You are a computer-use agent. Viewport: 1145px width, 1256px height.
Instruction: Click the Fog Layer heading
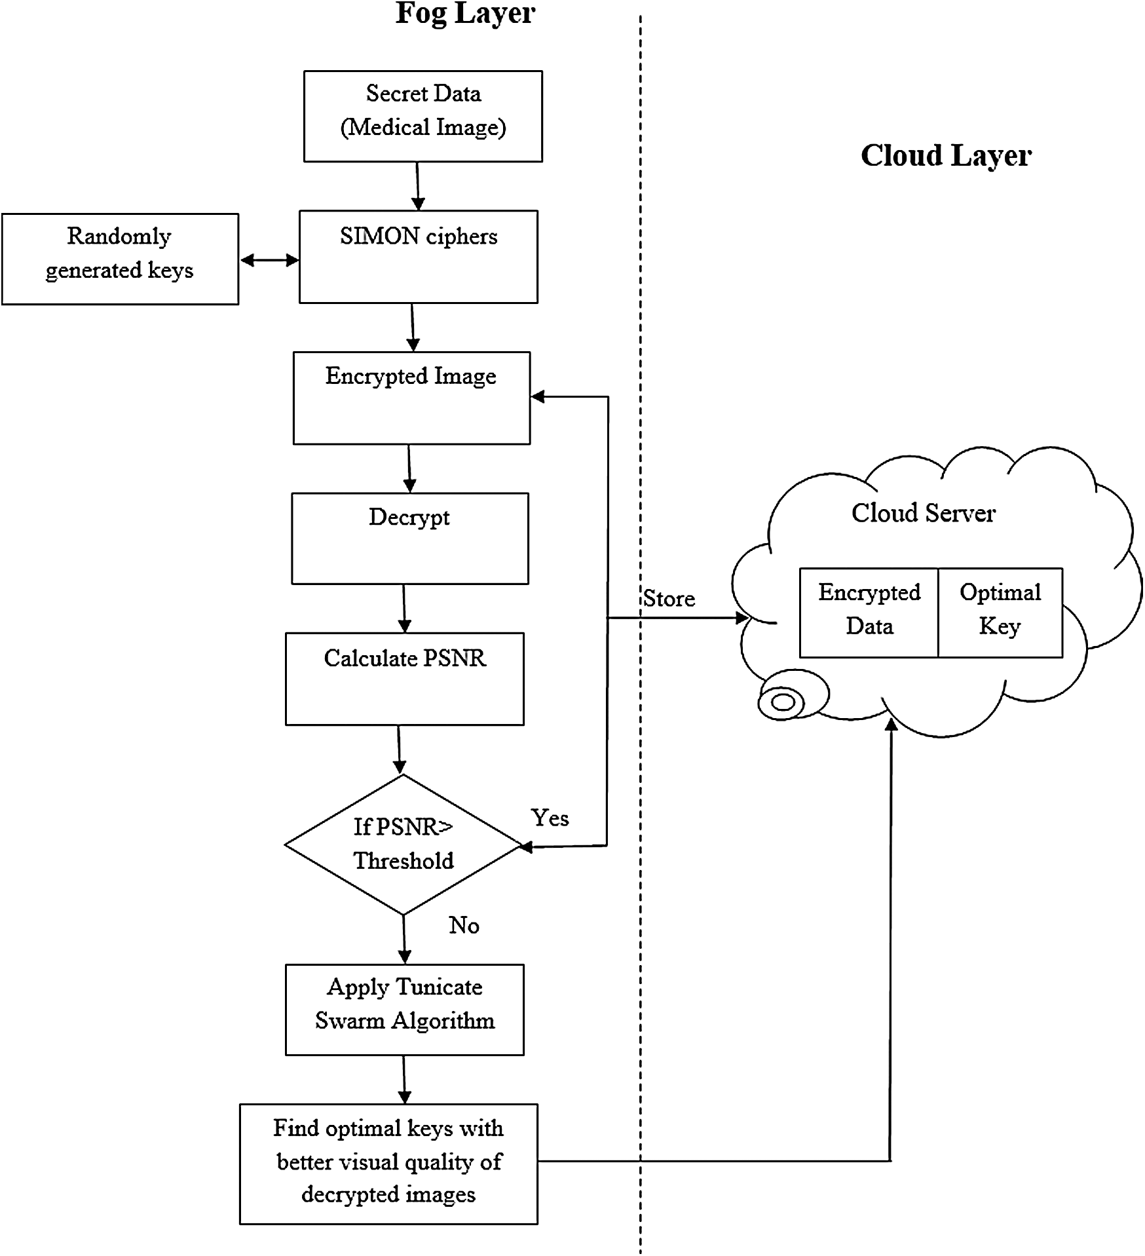tap(465, 13)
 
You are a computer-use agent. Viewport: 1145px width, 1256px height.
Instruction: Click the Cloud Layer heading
tap(945, 156)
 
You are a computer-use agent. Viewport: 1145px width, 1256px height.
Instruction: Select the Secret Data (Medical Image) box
tap(423, 116)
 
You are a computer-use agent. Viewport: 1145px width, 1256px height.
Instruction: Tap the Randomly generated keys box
tap(120, 259)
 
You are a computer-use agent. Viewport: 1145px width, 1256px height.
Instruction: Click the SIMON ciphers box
tap(419, 256)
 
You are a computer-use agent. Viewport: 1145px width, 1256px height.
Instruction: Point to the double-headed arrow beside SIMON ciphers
tap(269, 260)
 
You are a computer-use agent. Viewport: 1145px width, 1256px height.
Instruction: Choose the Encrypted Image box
tap(411, 398)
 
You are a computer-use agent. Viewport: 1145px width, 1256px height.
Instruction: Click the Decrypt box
tap(409, 538)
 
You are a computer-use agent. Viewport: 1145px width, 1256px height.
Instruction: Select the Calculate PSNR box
tap(405, 678)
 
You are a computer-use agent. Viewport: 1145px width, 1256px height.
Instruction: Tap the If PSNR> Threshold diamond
tap(404, 844)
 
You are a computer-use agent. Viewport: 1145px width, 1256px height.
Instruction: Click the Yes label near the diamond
tap(550, 818)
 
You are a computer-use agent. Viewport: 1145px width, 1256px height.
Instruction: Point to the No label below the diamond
tap(464, 925)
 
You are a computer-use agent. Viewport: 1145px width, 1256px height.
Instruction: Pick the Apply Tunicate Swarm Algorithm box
tap(405, 1009)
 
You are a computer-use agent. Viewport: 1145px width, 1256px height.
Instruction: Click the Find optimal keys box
tap(388, 1164)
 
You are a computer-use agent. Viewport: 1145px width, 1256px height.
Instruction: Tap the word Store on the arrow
tap(669, 598)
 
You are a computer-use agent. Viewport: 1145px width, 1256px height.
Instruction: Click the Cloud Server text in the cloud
tap(923, 513)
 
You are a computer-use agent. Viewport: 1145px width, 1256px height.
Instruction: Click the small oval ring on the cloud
tap(782, 702)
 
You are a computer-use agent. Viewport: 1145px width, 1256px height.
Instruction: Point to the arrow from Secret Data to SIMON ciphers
tap(417, 186)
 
